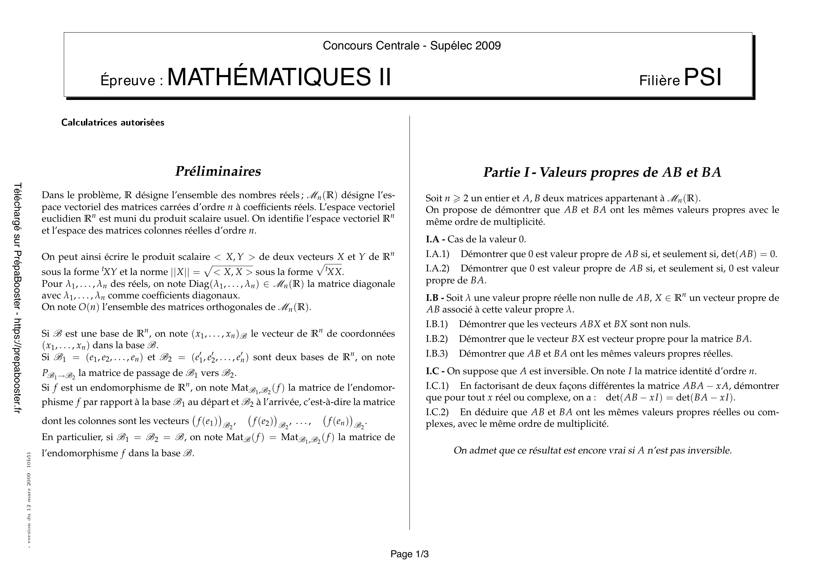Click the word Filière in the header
pyautogui.click(x=659, y=81)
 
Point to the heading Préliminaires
pyautogui.click(x=218, y=171)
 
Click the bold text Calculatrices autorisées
pyautogui.click(x=113, y=122)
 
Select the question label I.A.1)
pyautogui.click(x=437, y=254)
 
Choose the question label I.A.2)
pyautogui.click(x=437, y=268)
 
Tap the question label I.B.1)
pyautogui.click(x=436, y=324)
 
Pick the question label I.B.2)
pyautogui.click(x=436, y=339)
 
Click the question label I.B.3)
pyautogui.click(x=436, y=353)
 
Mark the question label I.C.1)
pyautogui.click(x=437, y=386)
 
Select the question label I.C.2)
pyautogui.click(x=437, y=412)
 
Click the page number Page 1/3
pyautogui.click(x=409, y=554)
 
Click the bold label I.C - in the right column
pyautogui.click(x=435, y=371)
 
